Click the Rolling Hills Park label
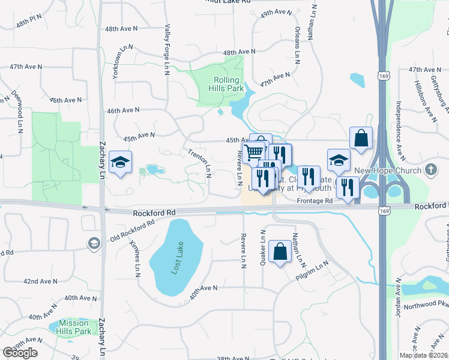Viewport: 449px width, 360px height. click(226, 85)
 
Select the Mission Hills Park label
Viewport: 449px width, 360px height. click(74, 327)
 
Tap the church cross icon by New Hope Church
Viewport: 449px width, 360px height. click(430, 170)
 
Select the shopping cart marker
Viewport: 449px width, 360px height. click(254, 154)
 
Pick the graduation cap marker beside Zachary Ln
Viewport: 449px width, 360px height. click(121, 163)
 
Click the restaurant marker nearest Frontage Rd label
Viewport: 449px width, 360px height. click(309, 178)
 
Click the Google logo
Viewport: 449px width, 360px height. click(20, 353)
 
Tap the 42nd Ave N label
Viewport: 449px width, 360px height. click(40, 281)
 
